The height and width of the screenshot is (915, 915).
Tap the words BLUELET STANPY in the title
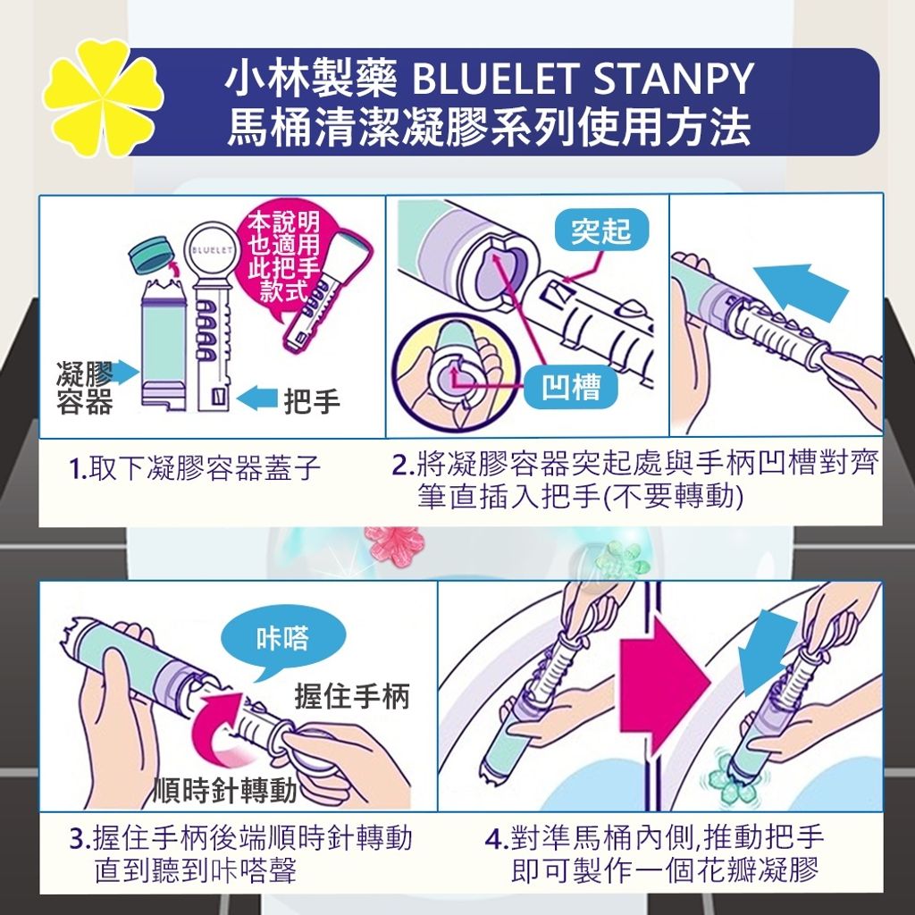[583, 79]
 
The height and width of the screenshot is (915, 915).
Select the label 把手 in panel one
[312, 401]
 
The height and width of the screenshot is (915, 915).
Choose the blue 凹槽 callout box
[571, 387]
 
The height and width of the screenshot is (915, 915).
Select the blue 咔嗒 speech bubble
[284, 642]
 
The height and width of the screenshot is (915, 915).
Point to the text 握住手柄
[352, 696]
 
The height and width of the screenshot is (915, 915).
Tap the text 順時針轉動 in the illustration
[225, 790]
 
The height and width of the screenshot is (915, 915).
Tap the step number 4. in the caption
[497, 839]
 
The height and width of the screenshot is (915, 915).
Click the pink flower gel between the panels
[393, 545]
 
